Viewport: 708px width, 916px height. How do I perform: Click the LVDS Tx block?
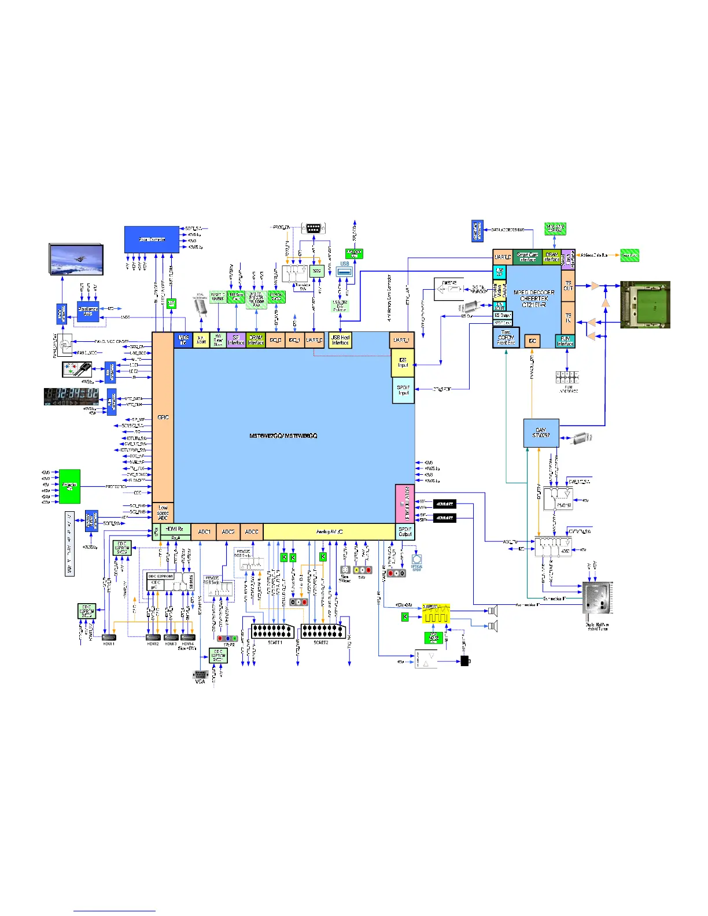[183, 339]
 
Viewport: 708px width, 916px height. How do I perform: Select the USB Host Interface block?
[340, 339]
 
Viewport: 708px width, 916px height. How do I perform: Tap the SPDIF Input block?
[403, 390]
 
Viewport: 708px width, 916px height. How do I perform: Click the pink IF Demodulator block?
[404, 504]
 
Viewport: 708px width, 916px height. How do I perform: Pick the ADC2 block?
[228, 531]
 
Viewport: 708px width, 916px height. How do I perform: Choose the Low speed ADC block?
[163, 512]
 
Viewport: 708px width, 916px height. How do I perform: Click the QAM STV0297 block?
[541, 433]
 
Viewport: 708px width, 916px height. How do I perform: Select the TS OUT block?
[568, 286]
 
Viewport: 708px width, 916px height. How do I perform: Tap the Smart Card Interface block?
[527, 257]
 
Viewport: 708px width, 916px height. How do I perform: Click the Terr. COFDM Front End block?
[506, 338]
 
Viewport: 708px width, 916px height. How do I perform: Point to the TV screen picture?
[76, 260]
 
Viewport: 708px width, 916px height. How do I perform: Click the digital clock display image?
[71, 397]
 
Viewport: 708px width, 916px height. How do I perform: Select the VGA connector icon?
[200, 675]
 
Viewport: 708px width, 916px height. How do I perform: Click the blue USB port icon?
[345, 271]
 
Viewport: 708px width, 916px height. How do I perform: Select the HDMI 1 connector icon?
[109, 637]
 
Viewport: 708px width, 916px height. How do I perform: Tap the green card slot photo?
[645, 305]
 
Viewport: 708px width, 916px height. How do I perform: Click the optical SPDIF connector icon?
[416, 560]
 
